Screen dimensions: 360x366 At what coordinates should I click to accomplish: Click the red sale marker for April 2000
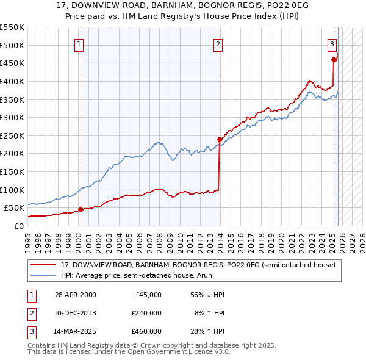pyautogui.click(x=80, y=209)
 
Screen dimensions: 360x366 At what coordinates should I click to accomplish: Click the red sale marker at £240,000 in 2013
pyautogui.click(x=219, y=139)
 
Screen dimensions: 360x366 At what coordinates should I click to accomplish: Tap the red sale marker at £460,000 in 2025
pyautogui.click(x=334, y=59)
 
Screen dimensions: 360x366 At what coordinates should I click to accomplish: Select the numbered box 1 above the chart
pyautogui.click(x=80, y=44)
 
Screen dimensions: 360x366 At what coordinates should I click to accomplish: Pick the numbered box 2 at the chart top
pyautogui.click(x=218, y=44)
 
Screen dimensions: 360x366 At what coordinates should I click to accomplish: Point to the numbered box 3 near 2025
pyautogui.click(x=332, y=44)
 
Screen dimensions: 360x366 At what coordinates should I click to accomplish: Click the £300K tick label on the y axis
pyautogui.click(x=12, y=117)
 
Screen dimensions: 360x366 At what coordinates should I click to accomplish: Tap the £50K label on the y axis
pyautogui.click(x=14, y=207)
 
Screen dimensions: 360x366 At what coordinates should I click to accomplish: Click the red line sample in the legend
pyautogui.click(x=43, y=265)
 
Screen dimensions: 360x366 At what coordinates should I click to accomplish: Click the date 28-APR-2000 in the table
pyautogui.click(x=75, y=295)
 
